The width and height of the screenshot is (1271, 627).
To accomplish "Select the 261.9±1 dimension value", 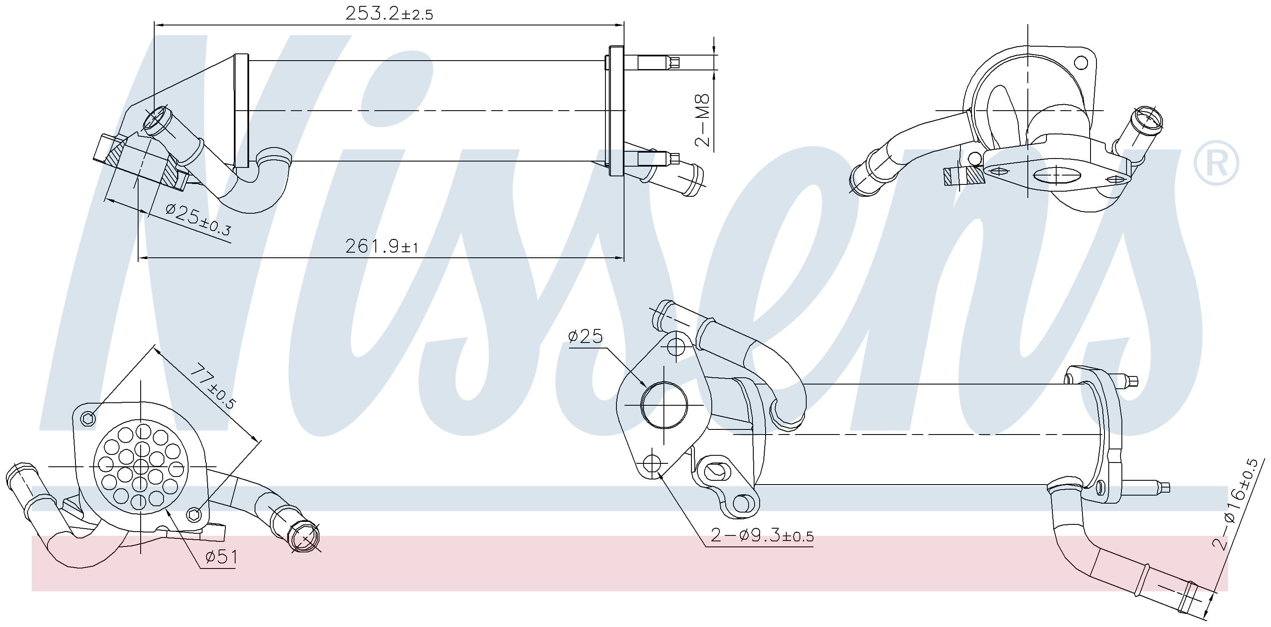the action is coord(381,246).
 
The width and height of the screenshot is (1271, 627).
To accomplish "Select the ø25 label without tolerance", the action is coord(586,337).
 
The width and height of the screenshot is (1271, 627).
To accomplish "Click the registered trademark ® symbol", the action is coord(1216,163).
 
